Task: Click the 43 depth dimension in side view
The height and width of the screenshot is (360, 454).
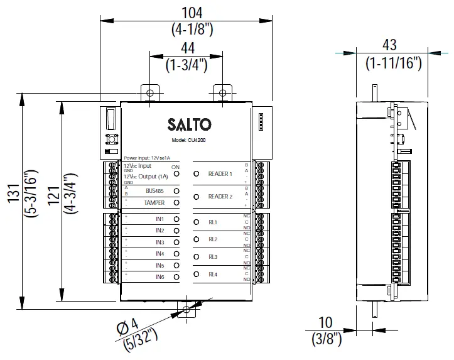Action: click(389, 45)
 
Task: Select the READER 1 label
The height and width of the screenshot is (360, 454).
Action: click(220, 173)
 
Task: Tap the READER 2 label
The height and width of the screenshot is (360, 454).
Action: click(220, 197)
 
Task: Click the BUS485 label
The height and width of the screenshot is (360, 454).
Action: click(154, 190)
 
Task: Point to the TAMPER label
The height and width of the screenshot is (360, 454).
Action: click(154, 203)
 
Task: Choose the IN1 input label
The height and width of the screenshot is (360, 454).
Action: click(159, 219)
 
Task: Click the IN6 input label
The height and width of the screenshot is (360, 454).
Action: click(159, 276)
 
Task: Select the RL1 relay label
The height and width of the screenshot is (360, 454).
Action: click(213, 222)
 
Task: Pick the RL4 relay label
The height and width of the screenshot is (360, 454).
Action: click(213, 275)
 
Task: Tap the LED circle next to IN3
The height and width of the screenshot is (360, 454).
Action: click(176, 243)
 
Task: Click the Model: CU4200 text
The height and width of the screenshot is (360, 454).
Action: click(188, 141)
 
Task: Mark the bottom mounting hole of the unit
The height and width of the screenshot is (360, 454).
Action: click(186, 309)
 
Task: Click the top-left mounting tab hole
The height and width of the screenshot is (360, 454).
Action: click(150, 93)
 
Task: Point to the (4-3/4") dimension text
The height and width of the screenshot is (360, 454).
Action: click(68, 188)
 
